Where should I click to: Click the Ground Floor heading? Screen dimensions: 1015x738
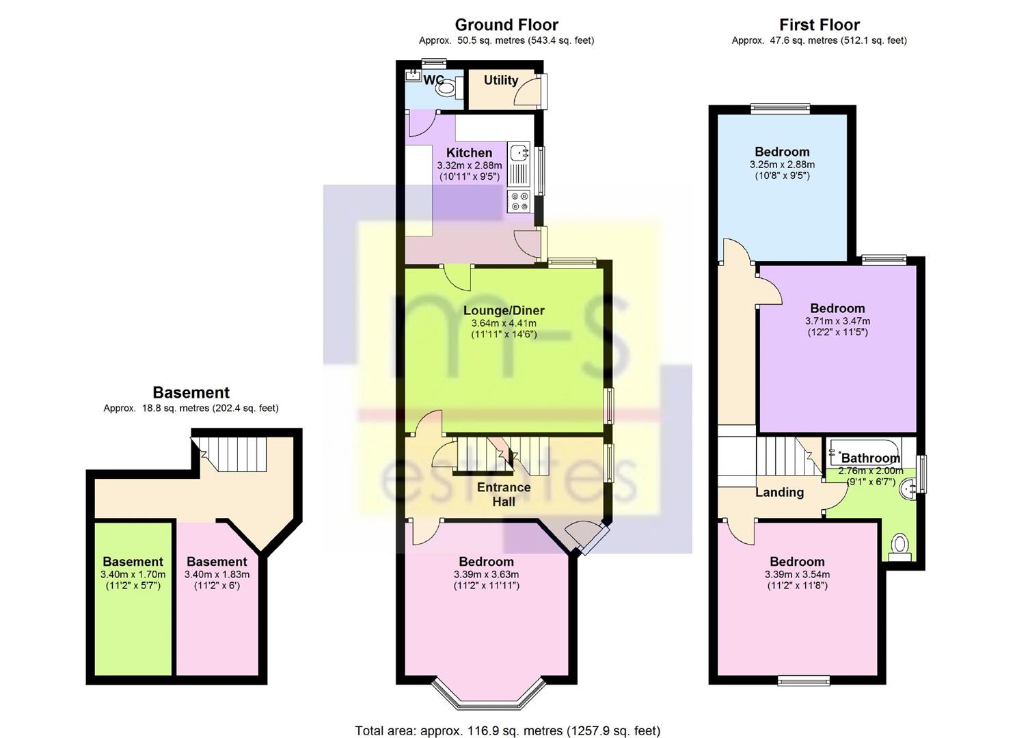tap(506, 25)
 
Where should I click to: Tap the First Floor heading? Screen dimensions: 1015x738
tap(820, 25)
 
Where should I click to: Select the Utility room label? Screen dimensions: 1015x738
tap(501, 80)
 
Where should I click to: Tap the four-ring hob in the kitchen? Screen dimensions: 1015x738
tap(518, 202)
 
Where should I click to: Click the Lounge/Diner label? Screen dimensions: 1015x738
tap(504, 310)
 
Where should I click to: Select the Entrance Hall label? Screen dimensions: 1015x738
tap(504, 494)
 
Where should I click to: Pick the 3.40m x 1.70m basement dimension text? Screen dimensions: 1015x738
tap(133, 575)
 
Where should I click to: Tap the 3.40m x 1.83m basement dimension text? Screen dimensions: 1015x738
tap(217, 575)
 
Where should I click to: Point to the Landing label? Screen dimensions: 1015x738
tap(779, 492)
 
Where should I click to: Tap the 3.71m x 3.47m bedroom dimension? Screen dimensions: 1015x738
tap(837, 321)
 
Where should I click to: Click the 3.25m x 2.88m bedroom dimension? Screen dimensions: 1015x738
tap(782, 165)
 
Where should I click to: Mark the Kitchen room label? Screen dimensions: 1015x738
tap(469, 152)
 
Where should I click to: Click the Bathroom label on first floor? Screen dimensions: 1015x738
tap(870, 458)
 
